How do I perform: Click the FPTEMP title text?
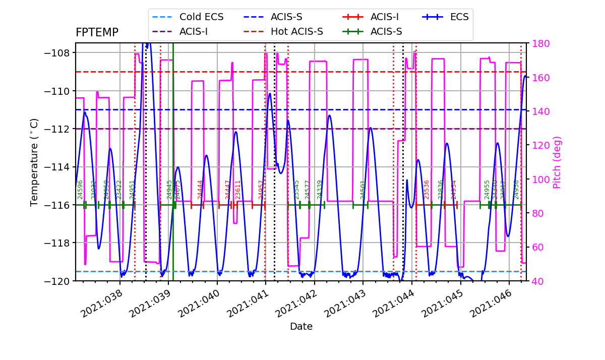pos(97,33)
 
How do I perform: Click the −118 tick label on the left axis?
pos(59,243)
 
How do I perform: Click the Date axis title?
pos(301,327)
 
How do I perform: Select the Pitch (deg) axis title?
pos(557,162)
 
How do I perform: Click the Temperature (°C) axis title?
pos(34,162)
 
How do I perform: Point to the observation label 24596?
pos(80,189)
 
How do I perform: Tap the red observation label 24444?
pos(200,189)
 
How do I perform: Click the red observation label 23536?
pos(427,189)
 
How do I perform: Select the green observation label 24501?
pos(363,189)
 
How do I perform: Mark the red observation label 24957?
pos(261,189)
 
